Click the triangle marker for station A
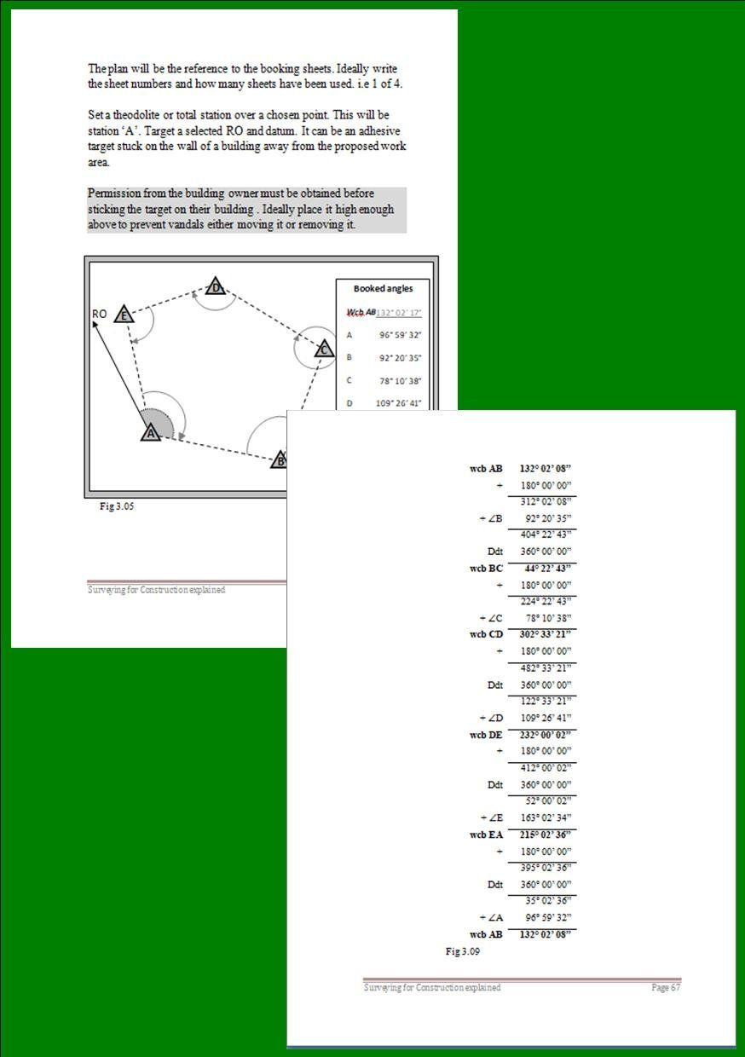pyautogui.click(x=151, y=432)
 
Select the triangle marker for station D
pyautogui.click(x=217, y=287)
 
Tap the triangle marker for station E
pyautogui.click(x=124, y=315)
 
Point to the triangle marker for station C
pyautogui.click(x=323, y=349)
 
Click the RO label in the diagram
pyautogui.click(x=99, y=314)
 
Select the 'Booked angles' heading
pyautogui.click(x=383, y=289)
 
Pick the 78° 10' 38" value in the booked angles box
pyautogui.click(x=399, y=381)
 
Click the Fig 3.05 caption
pyautogui.click(x=118, y=506)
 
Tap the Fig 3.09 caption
pyautogui.click(x=463, y=951)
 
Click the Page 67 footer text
pyautogui.click(x=666, y=987)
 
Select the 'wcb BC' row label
pyautogui.click(x=486, y=569)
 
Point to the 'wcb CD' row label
pyautogui.click(x=486, y=634)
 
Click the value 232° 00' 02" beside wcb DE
pyautogui.click(x=545, y=734)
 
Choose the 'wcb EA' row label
pyautogui.click(x=486, y=835)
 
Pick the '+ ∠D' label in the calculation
pyautogui.click(x=491, y=718)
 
